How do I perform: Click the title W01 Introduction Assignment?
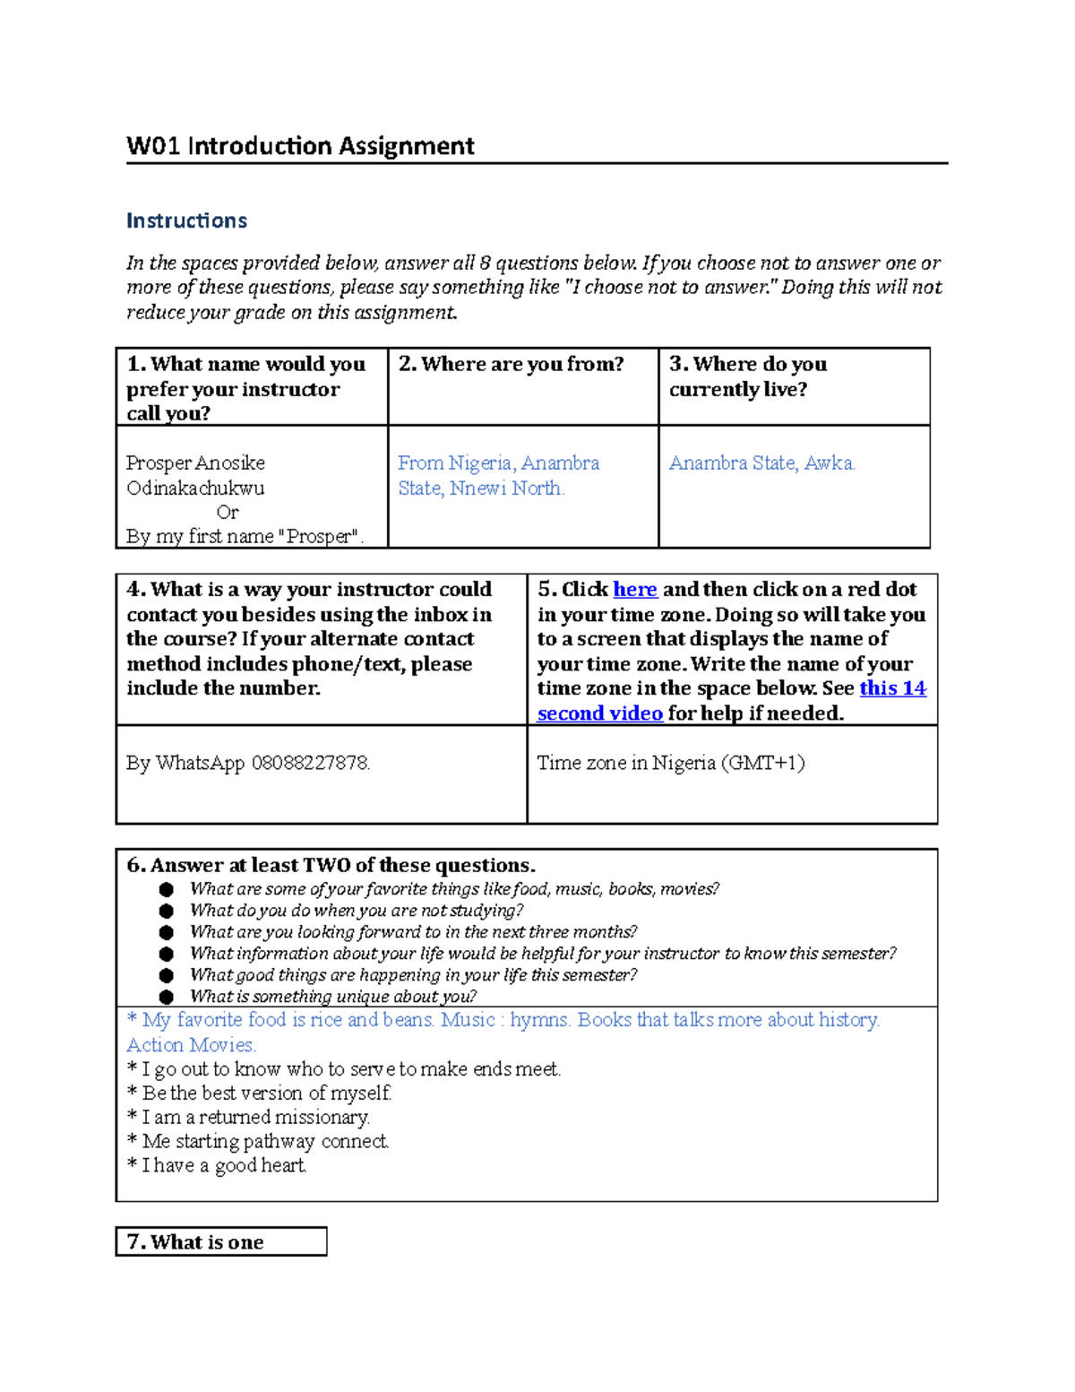[300, 146]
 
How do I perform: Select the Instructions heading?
[186, 220]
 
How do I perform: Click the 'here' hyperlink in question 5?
[634, 590]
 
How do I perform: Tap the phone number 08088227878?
[310, 764]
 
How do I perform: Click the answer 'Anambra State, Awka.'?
[761, 463]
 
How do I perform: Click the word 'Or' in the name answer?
[228, 513]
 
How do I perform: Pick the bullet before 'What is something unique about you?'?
[166, 997]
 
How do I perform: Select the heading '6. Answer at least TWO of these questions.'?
[331, 866]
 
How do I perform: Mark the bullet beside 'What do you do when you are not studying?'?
[166, 911]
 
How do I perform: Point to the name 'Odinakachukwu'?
[195, 488]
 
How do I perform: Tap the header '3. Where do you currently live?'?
[748, 376]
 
